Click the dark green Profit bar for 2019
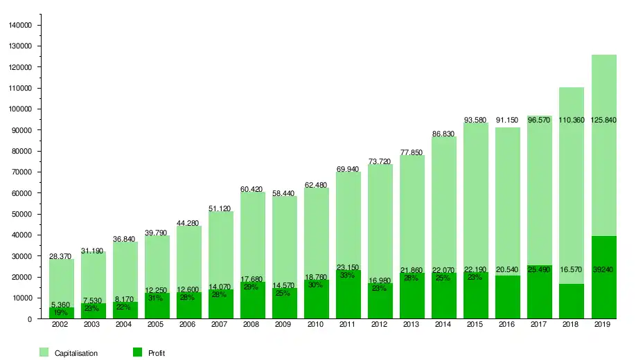603,291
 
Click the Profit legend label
157,353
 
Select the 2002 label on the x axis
61,325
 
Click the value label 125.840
603,120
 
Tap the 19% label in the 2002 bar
61,312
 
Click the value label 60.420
253,189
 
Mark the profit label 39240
603,269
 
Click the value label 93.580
476,120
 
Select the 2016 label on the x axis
508,325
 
